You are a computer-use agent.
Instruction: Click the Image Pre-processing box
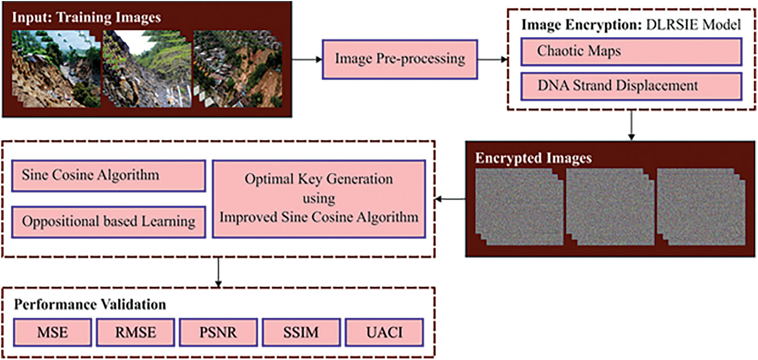399,58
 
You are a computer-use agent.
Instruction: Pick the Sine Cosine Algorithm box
108,174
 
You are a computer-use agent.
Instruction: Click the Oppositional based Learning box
108,221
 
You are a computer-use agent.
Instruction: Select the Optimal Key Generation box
318,198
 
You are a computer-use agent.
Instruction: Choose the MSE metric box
52,332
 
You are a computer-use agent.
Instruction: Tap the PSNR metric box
218,332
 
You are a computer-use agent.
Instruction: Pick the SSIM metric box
301,332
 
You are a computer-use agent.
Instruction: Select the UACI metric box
384,332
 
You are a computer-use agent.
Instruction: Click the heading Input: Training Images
86,17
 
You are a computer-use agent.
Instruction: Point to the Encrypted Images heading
533,158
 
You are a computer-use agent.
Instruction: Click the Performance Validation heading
90,304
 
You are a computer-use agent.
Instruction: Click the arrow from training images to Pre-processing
306,59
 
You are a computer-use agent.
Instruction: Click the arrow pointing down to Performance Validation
218,272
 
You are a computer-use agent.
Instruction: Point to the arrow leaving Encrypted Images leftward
450,200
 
